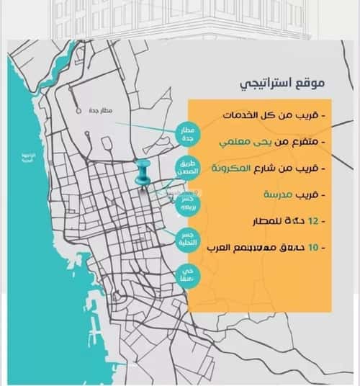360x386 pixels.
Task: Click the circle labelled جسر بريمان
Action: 187,203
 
